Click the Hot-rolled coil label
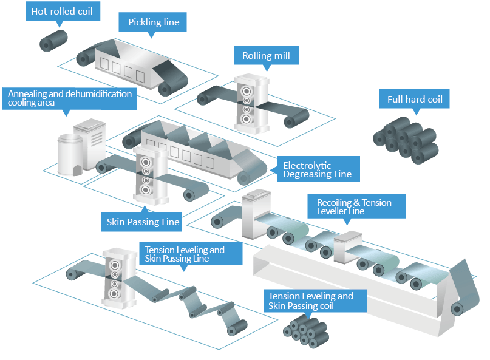(62, 12)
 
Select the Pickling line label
(153, 23)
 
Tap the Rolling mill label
(266, 56)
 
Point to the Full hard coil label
(415, 100)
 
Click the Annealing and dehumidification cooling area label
(69, 98)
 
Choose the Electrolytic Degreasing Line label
(317, 169)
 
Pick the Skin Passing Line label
(143, 222)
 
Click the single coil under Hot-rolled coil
(53, 40)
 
